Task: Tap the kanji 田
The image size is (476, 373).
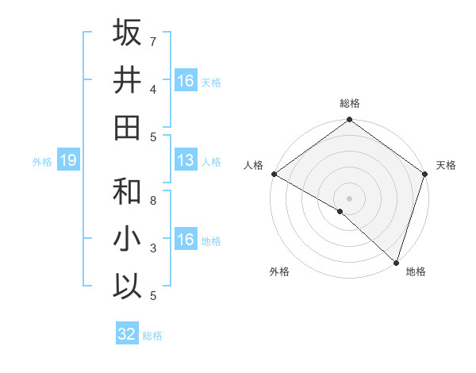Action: [127, 127]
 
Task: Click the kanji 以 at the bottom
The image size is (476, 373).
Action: [127, 286]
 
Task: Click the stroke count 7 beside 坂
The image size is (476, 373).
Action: [153, 41]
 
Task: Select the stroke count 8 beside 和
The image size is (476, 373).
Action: [153, 201]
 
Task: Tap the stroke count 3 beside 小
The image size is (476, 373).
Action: [153, 248]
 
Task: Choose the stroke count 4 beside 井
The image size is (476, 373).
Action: [153, 89]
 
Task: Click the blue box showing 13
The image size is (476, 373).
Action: [186, 161]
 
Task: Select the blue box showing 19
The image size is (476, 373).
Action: [68, 161]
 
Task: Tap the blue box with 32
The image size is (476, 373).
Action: [127, 334]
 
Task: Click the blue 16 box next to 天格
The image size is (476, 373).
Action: [186, 81]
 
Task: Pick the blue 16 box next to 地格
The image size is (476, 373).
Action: [186, 240]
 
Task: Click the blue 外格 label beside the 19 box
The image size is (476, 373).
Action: [42, 162]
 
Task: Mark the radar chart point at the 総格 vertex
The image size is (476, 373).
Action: [349, 121]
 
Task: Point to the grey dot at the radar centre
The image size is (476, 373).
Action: [349, 197]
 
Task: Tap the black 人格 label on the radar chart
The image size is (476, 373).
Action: [254, 166]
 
